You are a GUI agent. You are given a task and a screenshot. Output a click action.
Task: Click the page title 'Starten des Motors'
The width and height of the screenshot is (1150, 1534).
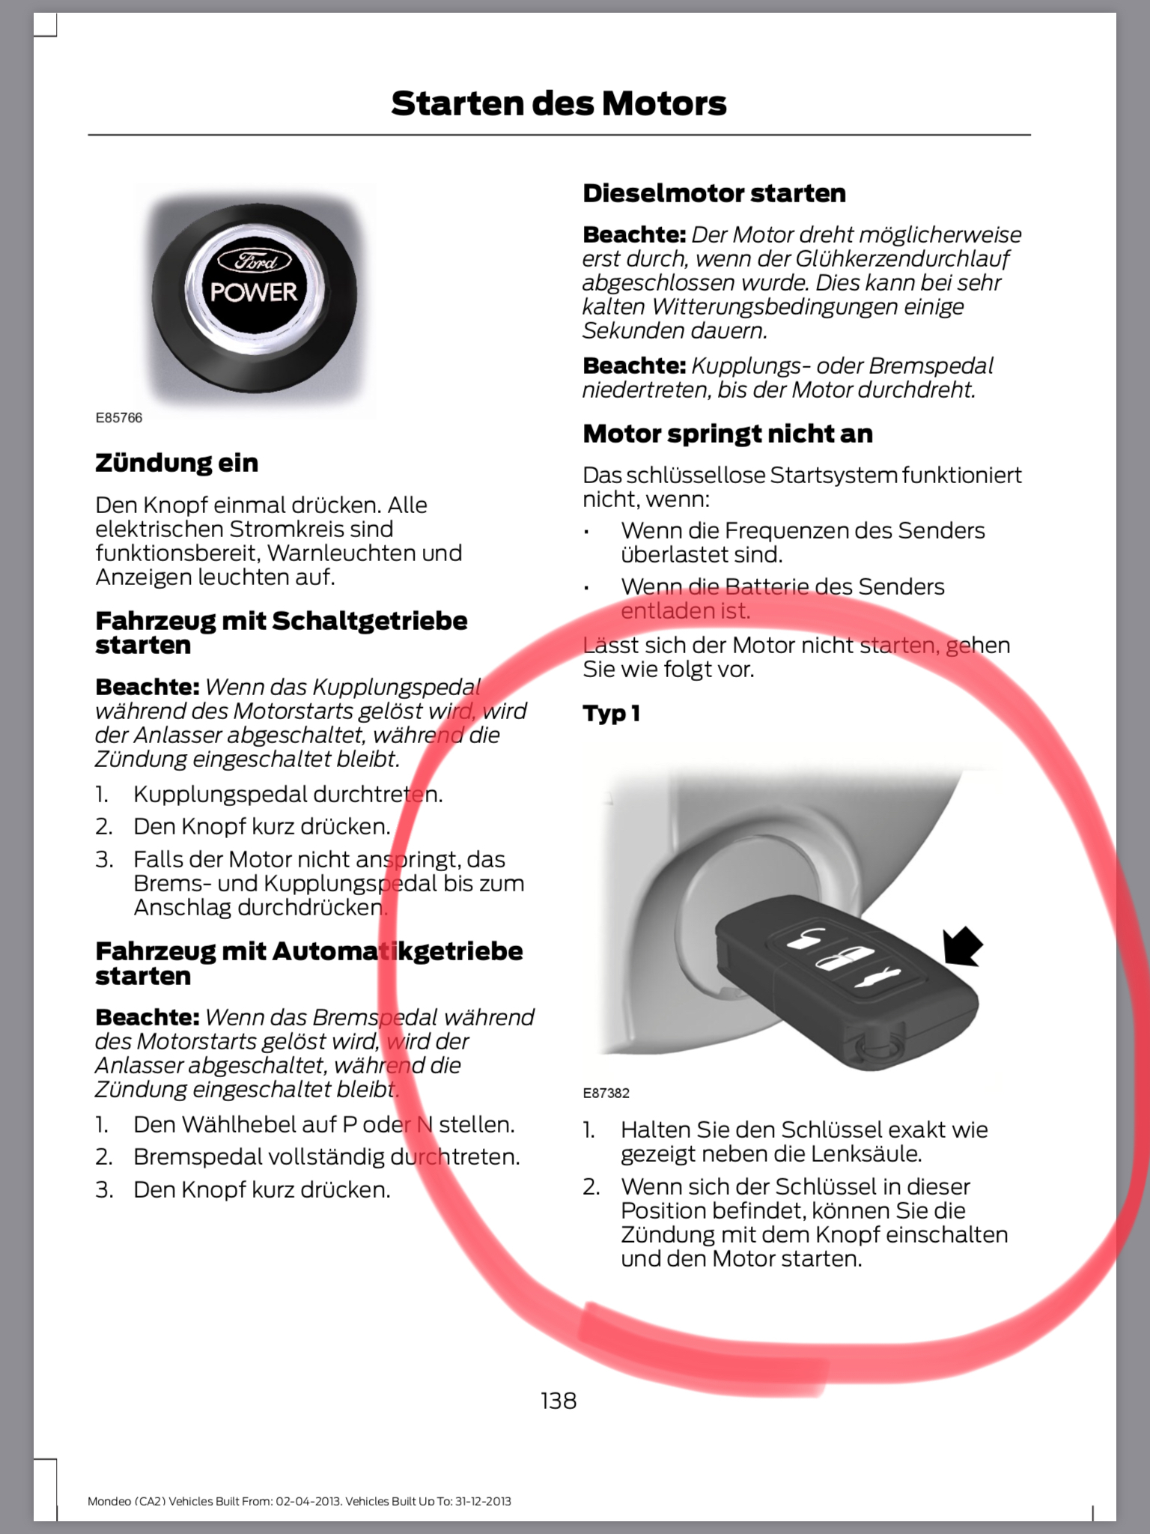[x=559, y=103]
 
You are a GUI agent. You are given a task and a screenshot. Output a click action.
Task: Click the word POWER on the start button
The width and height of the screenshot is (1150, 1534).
[x=254, y=292]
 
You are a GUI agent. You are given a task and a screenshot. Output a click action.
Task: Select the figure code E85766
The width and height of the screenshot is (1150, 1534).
[x=118, y=418]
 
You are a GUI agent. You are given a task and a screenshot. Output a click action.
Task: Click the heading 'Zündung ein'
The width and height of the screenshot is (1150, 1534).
[x=177, y=463]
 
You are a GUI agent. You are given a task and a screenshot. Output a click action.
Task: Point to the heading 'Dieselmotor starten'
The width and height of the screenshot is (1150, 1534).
[x=714, y=193]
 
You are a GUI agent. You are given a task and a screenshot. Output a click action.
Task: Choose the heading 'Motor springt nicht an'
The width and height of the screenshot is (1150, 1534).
[x=728, y=434]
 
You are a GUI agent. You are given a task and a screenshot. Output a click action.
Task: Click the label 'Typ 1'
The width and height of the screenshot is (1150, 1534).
[x=611, y=713]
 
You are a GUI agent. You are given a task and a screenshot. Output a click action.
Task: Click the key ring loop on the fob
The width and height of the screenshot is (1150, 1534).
[x=873, y=1043]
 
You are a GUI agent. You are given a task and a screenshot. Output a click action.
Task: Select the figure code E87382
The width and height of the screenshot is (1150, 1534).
[x=606, y=1093]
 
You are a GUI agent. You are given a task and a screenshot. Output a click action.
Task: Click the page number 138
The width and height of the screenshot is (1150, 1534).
[x=559, y=1400]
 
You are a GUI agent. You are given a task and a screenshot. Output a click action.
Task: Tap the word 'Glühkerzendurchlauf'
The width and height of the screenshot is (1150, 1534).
[x=902, y=258]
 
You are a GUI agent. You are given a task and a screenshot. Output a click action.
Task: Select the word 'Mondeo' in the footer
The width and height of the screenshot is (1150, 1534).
[x=109, y=1500]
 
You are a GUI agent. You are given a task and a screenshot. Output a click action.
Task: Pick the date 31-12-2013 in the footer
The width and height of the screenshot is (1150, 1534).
[x=482, y=1500]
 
